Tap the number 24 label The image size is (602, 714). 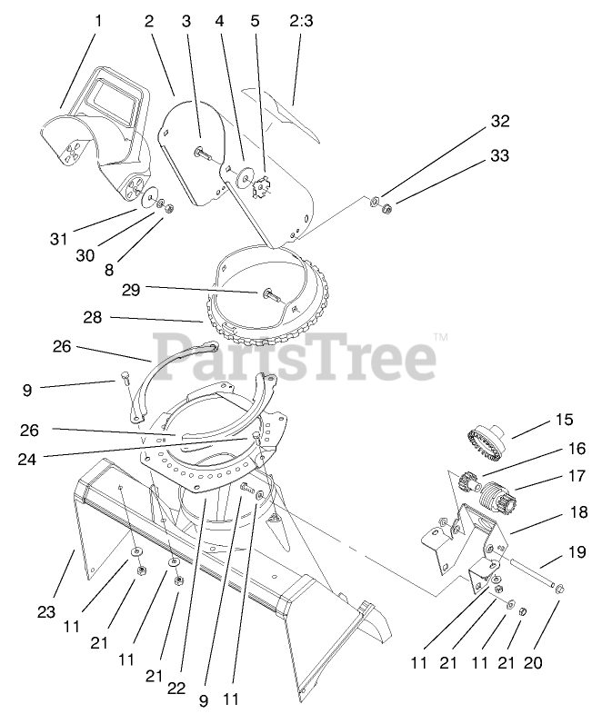(27, 459)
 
